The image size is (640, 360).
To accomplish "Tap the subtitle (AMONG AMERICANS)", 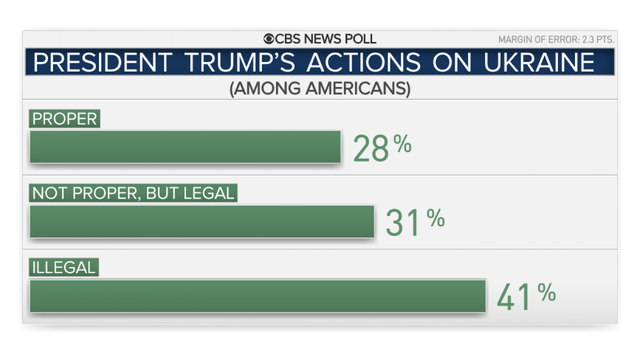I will pyautogui.click(x=319, y=88).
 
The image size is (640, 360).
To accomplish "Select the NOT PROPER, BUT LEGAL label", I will pyautogui.click(x=133, y=192).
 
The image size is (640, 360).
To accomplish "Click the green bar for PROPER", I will pyautogui.click(x=185, y=147).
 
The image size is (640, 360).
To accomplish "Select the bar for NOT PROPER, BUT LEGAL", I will pyautogui.click(x=201, y=221).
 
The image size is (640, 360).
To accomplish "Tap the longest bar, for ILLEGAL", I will pyautogui.click(x=257, y=295).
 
